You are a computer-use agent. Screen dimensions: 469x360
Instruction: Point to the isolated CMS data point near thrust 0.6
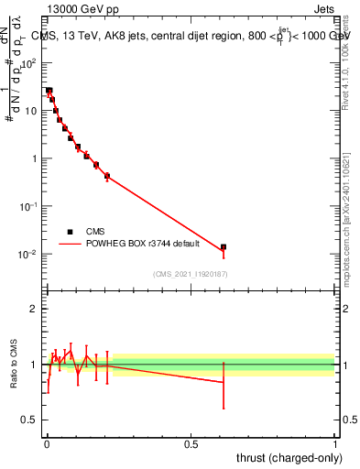pos(223,247)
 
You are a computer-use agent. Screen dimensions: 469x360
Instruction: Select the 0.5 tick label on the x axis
pos(191,442)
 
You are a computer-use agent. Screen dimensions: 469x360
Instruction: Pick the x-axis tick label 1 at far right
pos(334,442)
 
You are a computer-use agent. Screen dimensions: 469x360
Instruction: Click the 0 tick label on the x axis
pos(47,442)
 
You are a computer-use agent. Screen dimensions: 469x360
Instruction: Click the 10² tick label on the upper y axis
pos(29,62)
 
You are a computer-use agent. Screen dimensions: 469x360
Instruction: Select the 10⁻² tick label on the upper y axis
pos(28,254)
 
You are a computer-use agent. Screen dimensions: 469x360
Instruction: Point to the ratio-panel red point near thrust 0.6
pos(223,382)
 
